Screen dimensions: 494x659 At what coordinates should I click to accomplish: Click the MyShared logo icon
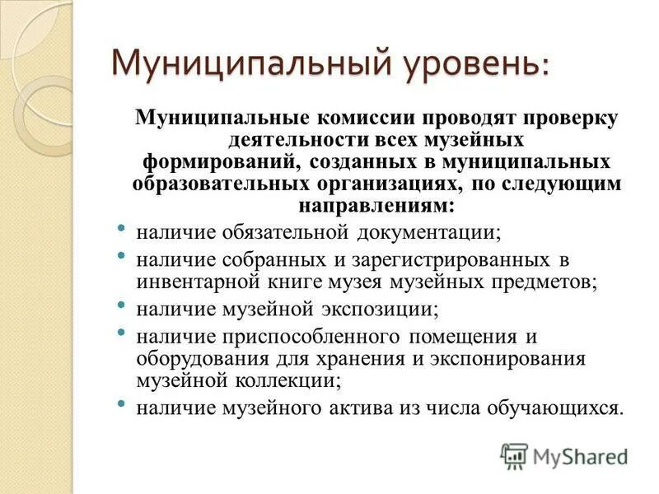click(x=515, y=455)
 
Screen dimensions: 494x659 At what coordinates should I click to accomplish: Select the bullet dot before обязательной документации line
click(x=122, y=228)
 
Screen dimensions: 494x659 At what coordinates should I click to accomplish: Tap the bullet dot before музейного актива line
click(x=122, y=404)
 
